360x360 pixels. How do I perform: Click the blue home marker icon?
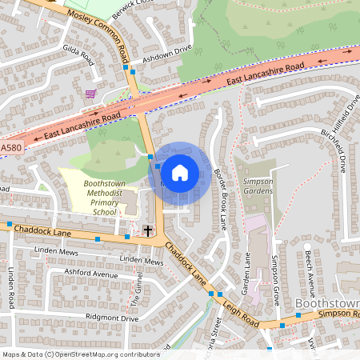(x=180, y=172)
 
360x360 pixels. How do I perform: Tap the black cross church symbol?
(x=147, y=231)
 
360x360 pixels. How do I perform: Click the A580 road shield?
(x=11, y=148)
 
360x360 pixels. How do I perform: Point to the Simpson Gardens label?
(x=258, y=186)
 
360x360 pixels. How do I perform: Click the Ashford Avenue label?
(x=74, y=274)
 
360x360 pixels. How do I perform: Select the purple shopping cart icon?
(x=90, y=94)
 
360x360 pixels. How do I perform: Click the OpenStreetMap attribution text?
(x=80, y=354)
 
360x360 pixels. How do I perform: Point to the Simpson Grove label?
(x=275, y=276)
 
